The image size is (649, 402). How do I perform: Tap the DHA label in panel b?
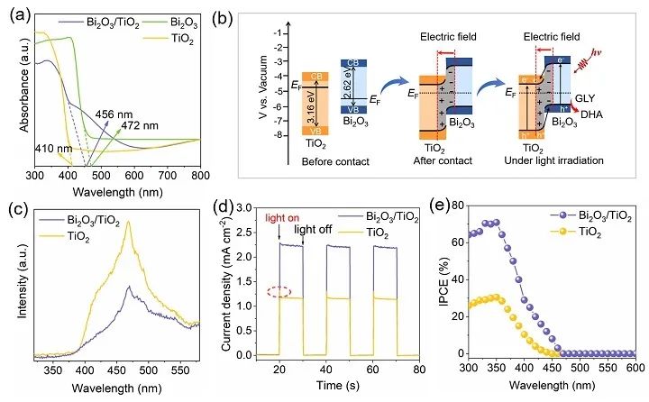pos(612,139)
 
